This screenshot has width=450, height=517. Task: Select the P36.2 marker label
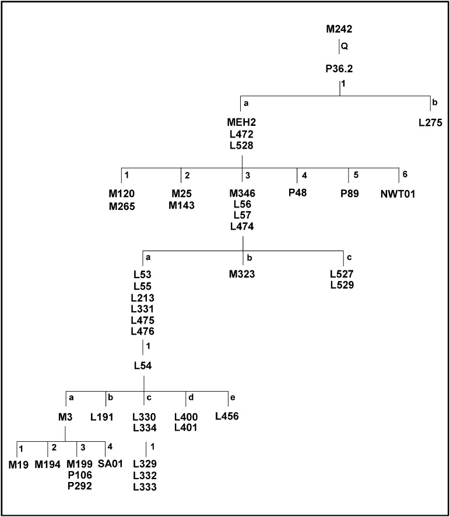tap(339, 69)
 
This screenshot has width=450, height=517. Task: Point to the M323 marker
tap(242, 273)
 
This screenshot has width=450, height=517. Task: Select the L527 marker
tap(342, 273)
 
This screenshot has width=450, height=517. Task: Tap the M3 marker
tap(65, 417)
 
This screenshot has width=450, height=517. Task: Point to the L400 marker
tap(186, 417)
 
